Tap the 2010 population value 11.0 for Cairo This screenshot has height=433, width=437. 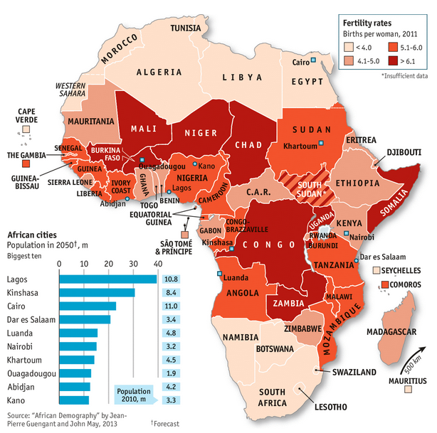coord(171,306)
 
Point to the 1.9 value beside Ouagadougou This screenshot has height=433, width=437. coord(171,373)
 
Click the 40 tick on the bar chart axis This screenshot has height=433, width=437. coord(157,264)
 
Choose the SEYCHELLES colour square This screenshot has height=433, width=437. coord(377,271)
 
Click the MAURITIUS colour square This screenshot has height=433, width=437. coord(408,390)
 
